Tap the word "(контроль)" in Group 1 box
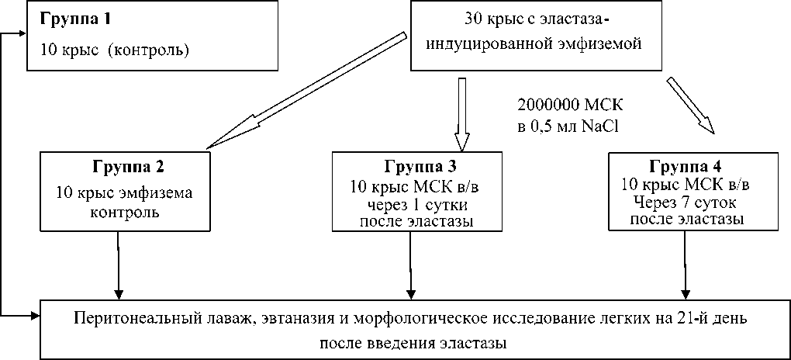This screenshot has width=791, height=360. coord(149,50)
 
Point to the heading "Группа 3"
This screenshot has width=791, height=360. coord(420,167)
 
